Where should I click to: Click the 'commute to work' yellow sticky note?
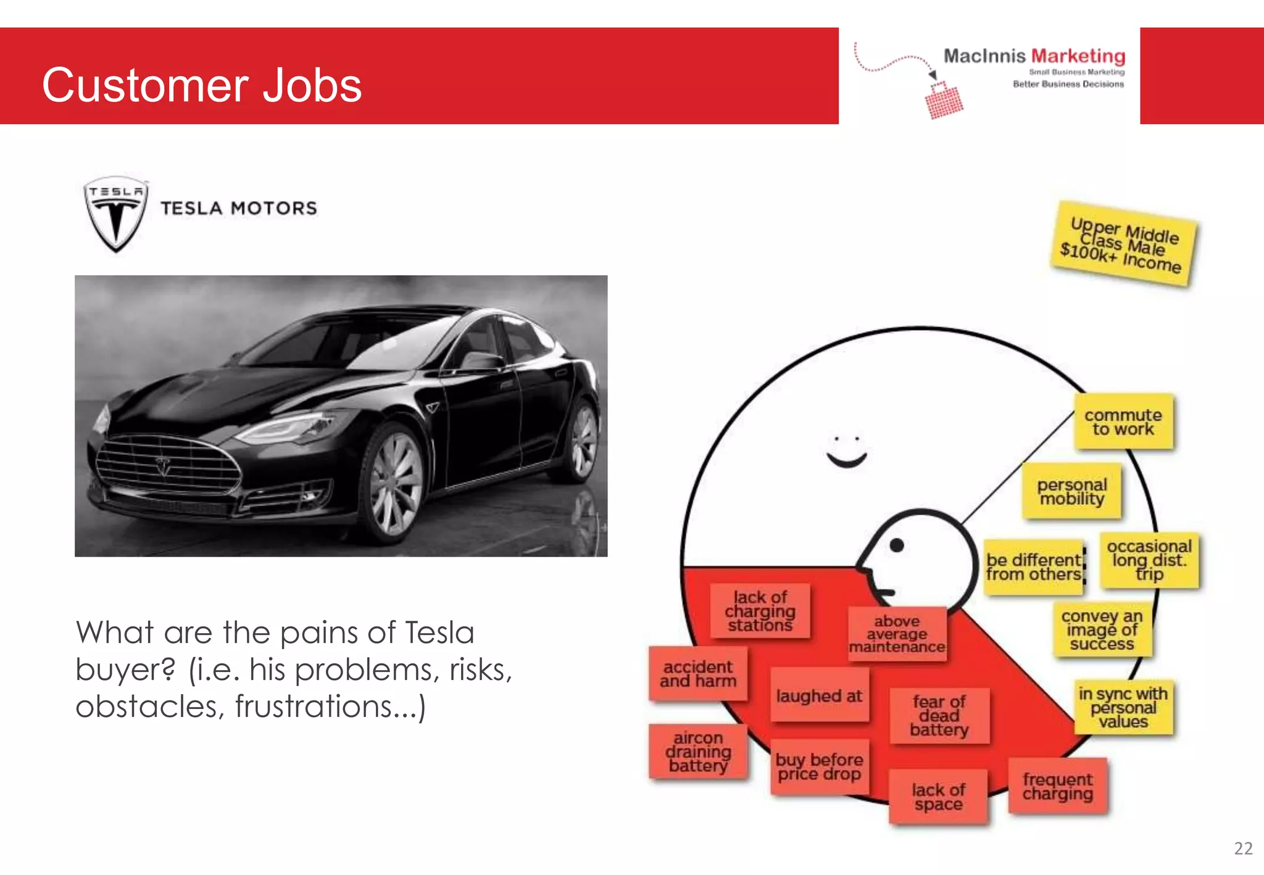[1123, 421]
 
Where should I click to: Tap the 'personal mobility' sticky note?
[1072, 491]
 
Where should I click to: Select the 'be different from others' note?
[1034, 567]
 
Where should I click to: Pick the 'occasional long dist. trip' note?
[1149, 560]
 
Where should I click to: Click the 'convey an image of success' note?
[1102, 629]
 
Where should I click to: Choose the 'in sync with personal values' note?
[1123, 707]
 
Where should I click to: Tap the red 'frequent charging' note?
[1057, 786]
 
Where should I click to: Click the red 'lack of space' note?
[938, 797]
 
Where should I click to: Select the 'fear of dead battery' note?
[939, 716]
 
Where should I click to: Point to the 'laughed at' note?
[819, 695]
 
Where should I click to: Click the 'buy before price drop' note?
[819, 766]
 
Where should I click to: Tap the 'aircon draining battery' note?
[698, 752]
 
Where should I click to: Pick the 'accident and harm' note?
[698, 673]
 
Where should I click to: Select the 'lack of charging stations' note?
[760, 611]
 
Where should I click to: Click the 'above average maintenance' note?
[897, 634]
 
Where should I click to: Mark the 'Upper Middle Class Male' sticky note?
[1123, 244]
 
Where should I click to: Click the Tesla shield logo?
[115, 214]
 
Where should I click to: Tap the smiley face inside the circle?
[846, 452]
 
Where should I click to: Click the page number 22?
[1243, 848]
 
